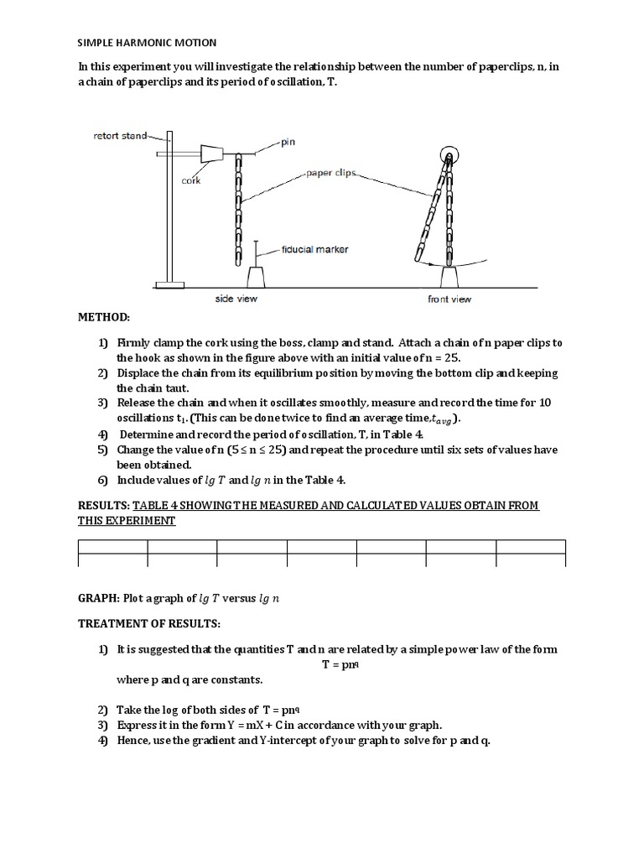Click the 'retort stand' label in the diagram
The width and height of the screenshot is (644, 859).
coord(120,135)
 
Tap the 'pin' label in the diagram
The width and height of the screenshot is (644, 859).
coord(288,143)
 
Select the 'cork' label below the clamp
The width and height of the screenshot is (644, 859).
coord(190,180)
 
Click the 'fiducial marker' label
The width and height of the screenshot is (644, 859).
coord(315,248)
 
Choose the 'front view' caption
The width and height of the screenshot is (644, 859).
coord(449,299)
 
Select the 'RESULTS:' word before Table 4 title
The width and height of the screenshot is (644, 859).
coord(104,505)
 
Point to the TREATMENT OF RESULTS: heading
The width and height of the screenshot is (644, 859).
coord(149,624)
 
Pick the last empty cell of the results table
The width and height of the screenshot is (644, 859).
coord(531,560)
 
